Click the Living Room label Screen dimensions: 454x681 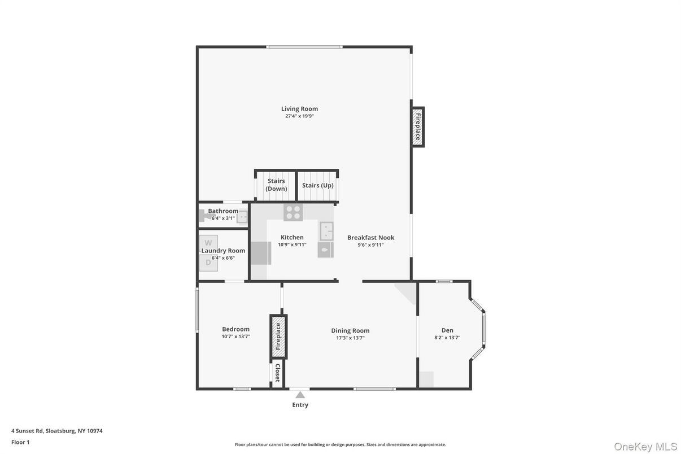click(299, 109)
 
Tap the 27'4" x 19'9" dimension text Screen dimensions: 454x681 click(299, 116)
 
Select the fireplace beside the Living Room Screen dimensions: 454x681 click(417, 127)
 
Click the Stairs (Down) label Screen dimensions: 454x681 click(276, 185)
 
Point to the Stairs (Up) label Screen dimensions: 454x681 click(317, 185)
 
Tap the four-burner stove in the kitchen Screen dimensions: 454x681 click(293, 212)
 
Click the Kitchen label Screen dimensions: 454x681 click(292, 237)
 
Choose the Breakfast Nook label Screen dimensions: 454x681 click(370, 238)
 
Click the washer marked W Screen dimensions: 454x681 click(208, 243)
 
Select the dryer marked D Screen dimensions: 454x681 click(208, 262)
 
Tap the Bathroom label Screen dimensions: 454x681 click(223, 211)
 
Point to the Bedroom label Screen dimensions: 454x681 click(235, 329)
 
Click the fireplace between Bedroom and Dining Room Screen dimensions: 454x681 click(278, 337)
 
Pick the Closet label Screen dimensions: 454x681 click(277, 373)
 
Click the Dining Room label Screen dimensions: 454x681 click(350, 331)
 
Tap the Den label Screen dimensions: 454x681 click(447, 330)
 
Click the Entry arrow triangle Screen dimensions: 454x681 click(300, 395)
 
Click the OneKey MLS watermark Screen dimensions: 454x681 click(645, 447)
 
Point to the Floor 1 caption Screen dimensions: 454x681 click(20, 442)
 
